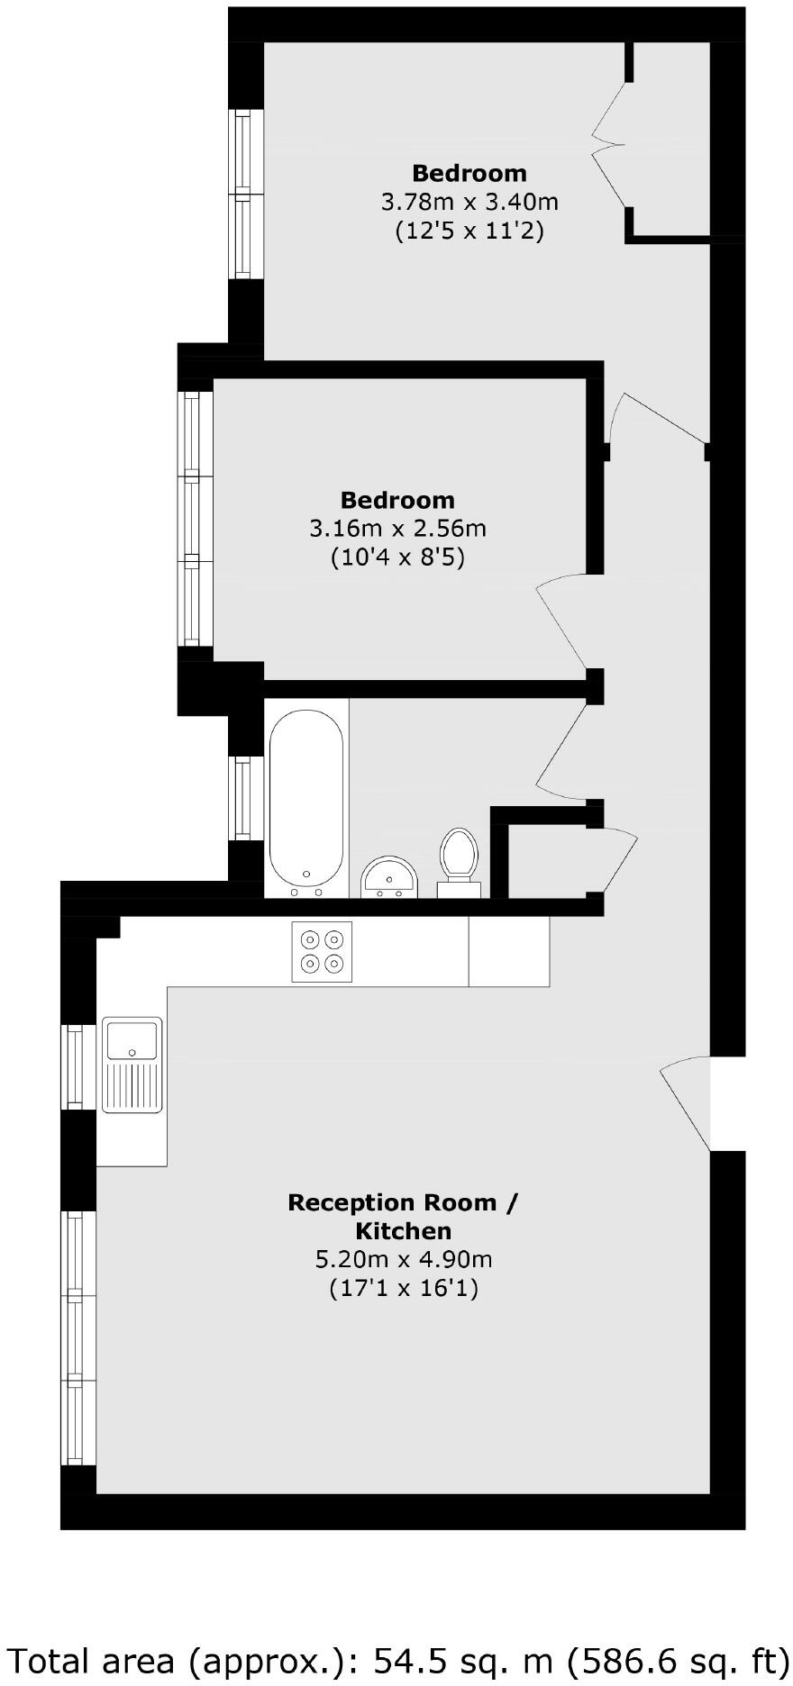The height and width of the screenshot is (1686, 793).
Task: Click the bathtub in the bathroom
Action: (305, 797)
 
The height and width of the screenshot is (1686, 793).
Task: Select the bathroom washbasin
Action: (389, 876)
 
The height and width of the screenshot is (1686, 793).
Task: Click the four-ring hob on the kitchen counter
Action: (323, 951)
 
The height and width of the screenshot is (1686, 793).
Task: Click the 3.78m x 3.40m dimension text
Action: (469, 201)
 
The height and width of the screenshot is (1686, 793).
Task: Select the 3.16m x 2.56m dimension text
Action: (397, 528)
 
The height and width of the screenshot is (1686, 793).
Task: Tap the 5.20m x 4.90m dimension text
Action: (403, 1259)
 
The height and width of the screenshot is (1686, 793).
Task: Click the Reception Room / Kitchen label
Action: (403, 1216)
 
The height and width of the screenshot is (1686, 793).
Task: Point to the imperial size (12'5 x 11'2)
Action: (469, 231)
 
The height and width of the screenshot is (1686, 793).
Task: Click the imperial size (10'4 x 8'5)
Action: (397, 557)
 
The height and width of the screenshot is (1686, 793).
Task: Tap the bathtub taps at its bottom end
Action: (306, 892)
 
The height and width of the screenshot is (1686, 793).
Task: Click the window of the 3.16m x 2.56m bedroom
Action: (192, 518)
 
